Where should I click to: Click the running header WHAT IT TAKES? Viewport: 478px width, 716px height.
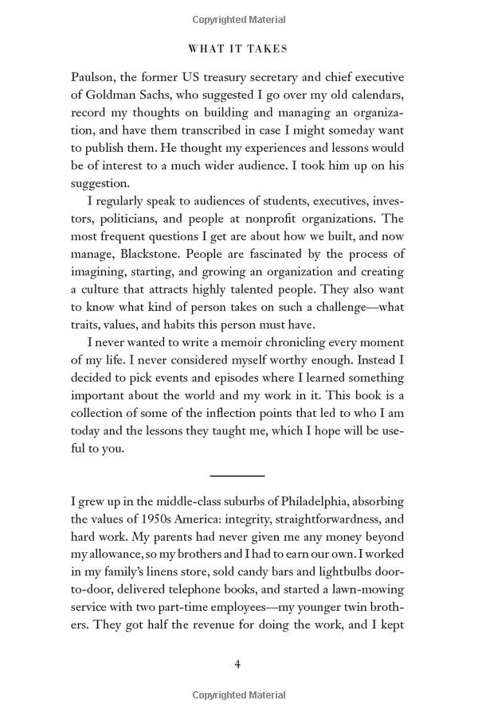238,49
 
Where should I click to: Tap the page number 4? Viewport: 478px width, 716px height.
237,664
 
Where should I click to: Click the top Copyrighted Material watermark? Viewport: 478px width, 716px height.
238,19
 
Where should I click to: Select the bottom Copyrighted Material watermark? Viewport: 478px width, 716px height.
238,696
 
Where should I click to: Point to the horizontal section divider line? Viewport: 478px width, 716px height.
237,475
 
